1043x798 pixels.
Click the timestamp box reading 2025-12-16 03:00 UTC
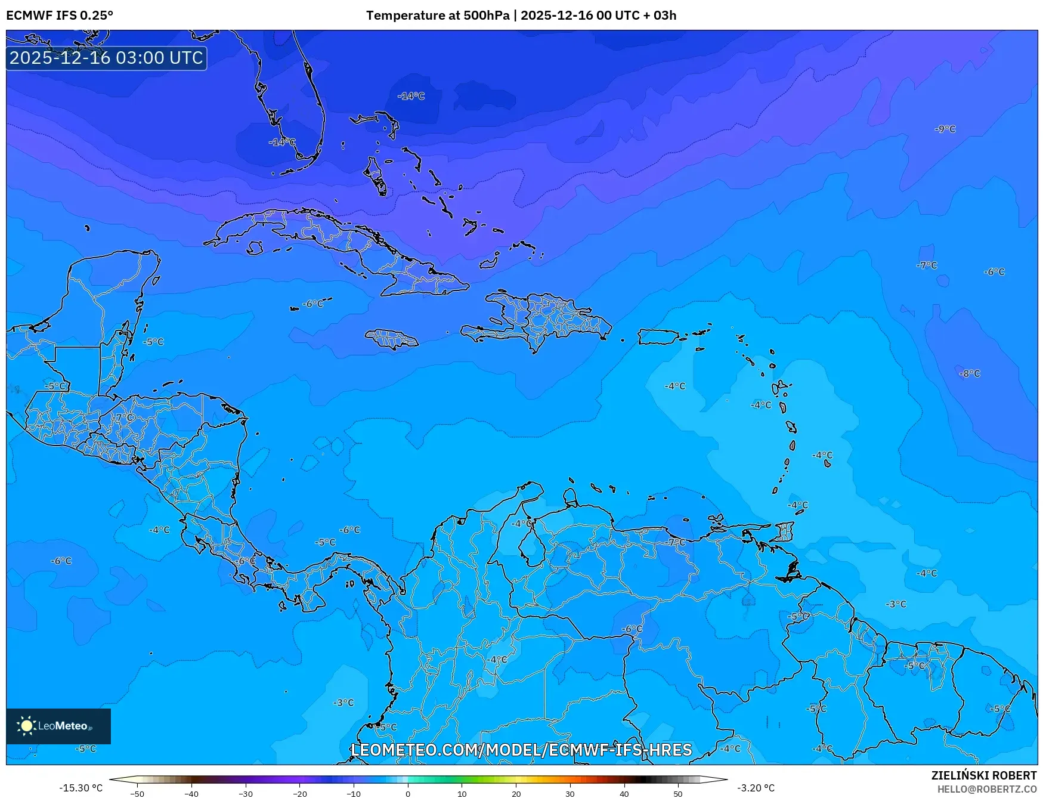106,58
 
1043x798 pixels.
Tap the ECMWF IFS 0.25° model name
60,16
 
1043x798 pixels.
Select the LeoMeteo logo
58,726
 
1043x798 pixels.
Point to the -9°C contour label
945,129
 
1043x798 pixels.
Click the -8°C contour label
970,373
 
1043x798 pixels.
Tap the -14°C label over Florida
282,142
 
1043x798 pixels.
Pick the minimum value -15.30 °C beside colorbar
81,788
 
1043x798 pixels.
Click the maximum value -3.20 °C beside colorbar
756,788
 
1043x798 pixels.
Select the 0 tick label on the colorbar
408,794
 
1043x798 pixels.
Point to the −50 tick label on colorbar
137,794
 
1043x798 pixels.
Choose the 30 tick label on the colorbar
570,794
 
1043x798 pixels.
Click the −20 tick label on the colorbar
299,794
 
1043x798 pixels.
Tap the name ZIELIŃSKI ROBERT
984,775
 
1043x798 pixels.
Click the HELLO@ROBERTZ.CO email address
987,789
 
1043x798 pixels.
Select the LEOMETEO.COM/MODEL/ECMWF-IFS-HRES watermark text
521,750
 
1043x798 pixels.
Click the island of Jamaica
392,339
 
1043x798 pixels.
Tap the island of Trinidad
788,571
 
